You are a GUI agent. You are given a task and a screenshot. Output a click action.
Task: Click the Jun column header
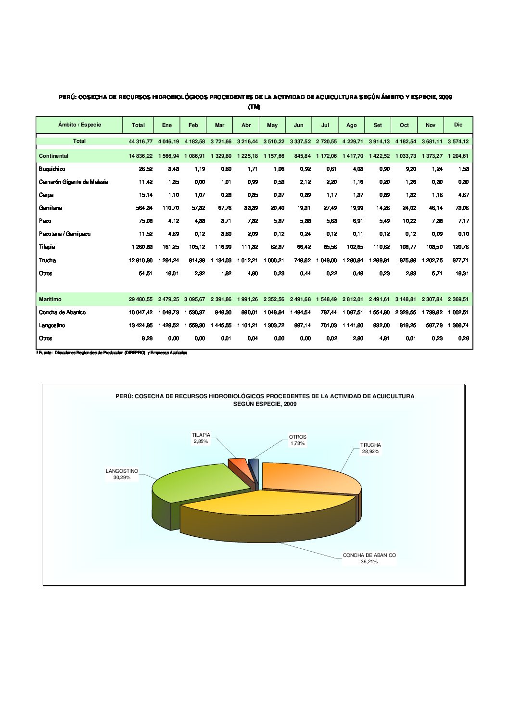[298, 125]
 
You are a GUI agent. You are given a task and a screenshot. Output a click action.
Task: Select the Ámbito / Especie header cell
[79, 125]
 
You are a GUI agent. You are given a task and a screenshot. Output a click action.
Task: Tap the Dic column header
[458, 125]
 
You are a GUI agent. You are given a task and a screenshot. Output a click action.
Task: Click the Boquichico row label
[52, 169]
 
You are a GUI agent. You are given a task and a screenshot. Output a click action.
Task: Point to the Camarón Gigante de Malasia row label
[74, 182]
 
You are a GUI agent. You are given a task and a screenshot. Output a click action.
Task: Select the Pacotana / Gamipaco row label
[64, 234]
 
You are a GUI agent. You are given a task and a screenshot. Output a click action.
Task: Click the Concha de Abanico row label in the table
[62, 313]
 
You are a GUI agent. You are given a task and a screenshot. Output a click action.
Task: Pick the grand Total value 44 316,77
[140, 141]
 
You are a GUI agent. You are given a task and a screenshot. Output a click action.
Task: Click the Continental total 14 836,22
[140, 156]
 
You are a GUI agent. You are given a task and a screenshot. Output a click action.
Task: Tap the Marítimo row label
[50, 300]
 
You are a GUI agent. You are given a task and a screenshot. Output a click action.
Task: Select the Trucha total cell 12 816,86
[140, 261]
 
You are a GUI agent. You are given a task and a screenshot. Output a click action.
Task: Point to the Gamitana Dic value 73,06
[462, 208]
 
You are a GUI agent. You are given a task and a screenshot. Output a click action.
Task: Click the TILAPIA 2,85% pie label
[201, 438]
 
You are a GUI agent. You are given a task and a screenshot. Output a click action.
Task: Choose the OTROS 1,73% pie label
[297, 440]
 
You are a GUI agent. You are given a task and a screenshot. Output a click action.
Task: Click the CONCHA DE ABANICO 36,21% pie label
[369, 558]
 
